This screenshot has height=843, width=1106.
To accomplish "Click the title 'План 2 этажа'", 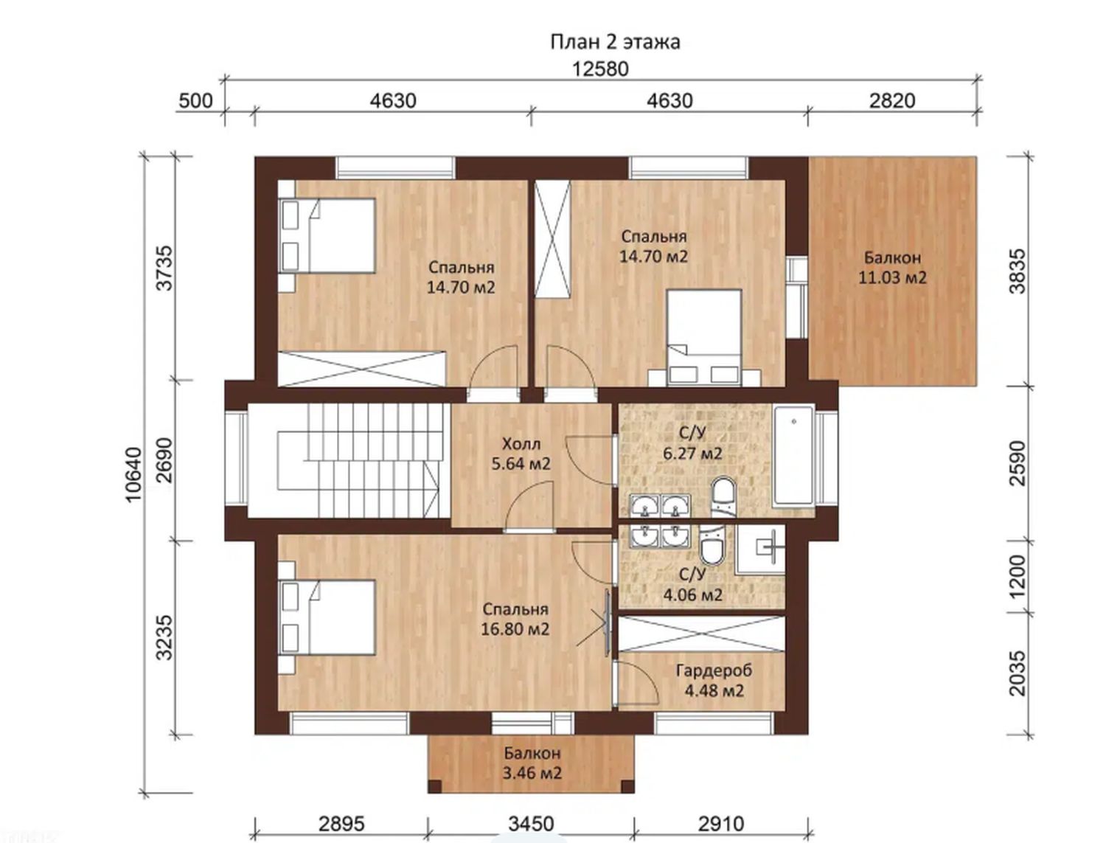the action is click(614, 42).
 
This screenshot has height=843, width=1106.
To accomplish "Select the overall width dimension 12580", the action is click(600, 69).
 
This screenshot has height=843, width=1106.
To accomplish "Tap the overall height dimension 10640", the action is click(134, 474).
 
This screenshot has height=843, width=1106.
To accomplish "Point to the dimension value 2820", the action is click(892, 101).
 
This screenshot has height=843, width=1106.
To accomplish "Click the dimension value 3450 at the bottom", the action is click(531, 825).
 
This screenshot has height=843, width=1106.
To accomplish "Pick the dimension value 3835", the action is click(1018, 271).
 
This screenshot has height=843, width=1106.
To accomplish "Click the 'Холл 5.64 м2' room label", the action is click(521, 454).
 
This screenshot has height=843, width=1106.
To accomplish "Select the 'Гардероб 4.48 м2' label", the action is click(714, 680).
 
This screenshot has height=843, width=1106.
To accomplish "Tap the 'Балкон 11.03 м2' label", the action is click(892, 268).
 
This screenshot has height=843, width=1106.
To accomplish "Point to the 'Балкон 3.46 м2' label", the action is click(532, 763).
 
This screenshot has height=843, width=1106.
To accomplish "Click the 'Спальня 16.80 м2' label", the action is click(515, 620).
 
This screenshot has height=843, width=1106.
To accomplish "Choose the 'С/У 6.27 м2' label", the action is click(692, 443).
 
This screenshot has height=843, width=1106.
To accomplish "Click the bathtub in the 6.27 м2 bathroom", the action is click(793, 454).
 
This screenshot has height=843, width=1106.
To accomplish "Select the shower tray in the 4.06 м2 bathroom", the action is click(760, 549).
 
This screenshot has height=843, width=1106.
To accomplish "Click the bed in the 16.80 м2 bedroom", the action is click(327, 618).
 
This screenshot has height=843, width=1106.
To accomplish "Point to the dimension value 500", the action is click(195, 101).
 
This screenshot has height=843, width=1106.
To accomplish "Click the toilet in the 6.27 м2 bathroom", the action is click(724, 496).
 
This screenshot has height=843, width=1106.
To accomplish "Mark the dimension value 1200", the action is click(1018, 576).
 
